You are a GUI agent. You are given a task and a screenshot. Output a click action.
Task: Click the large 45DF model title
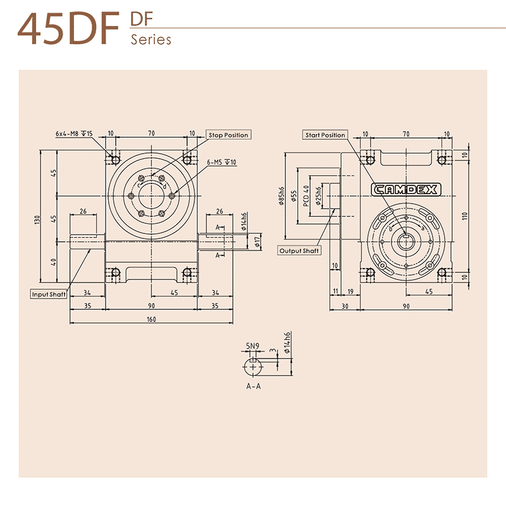(x=68, y=30)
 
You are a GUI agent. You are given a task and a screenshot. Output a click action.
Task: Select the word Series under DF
(x=151, y=40)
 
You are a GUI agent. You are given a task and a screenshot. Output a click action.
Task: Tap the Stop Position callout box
(x=229, y=135)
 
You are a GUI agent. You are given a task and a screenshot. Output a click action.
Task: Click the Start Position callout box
(x=325, y=135)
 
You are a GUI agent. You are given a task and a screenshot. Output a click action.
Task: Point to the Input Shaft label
(x=49, y=294)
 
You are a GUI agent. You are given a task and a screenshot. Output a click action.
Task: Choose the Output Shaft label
(x=300, y=250)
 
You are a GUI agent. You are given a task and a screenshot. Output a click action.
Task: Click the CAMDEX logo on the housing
(x=405, y=189)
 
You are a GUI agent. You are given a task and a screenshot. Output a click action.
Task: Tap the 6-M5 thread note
(x=221, y=163)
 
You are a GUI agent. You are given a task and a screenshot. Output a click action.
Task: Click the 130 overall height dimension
(x=38, y=219)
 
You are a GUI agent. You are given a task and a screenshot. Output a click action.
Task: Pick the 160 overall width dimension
(x=152, y=319)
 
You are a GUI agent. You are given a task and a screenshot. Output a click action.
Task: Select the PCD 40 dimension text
(x=306, y=196)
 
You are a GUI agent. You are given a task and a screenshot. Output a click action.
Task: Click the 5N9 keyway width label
(x=252, y=346)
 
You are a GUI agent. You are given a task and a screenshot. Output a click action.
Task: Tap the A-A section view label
(x=252, y=386)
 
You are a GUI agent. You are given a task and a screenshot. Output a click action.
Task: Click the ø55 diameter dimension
(x=293, y=196)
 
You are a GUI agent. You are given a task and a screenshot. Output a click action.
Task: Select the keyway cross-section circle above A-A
(x=254, y=366)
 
